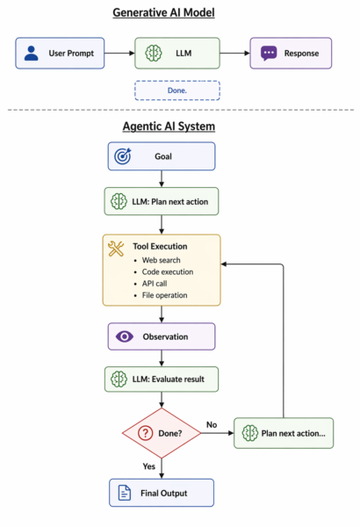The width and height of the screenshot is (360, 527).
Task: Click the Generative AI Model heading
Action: (163, 13)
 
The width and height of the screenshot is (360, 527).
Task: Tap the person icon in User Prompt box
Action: (32, 53)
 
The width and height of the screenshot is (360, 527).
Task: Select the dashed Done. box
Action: (177, 90)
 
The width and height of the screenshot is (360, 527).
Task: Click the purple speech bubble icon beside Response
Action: (269, 53)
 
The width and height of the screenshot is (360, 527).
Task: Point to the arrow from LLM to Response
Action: (234, 53)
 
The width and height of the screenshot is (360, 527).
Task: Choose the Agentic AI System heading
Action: (169, 126)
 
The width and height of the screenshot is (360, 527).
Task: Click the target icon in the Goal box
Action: (123, 156)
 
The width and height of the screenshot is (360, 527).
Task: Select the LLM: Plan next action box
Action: (162, 201)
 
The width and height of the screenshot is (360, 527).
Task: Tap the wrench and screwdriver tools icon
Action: (116, 249)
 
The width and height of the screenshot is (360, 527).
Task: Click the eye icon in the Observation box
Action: (125, 336)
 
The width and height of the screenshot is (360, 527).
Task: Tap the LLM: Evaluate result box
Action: (162, 379)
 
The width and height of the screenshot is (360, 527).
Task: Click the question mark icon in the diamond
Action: (146, 433)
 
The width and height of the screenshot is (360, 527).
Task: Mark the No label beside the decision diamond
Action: (212, 424)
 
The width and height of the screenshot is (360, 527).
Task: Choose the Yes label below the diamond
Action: (149, 466)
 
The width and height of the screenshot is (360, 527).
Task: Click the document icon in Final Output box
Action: (125, 493)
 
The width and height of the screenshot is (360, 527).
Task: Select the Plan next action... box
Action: (284, 433)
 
